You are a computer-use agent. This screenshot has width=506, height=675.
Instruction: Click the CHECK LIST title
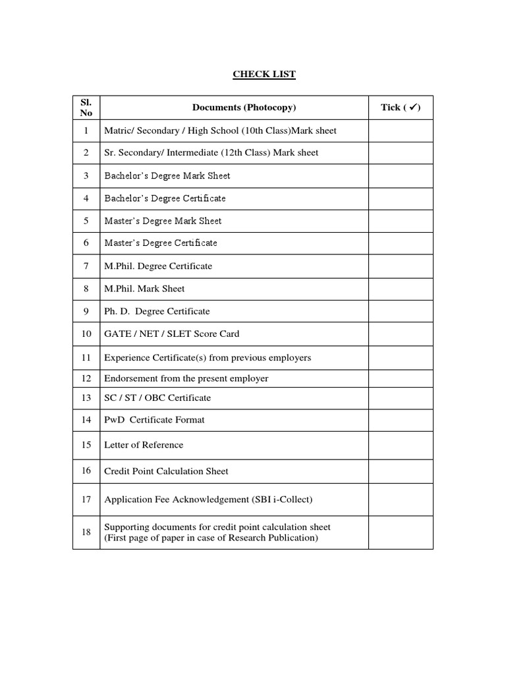pyautogui.click(x=264, y=74)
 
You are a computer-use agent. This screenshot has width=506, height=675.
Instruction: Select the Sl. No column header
pyautogui.click(x=86, y=107)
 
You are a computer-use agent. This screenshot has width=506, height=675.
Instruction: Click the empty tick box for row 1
pyautogui.click(x=401, y=131)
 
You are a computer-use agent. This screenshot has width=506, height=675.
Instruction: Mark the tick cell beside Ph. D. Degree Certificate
pyautogui.click(x=401, y=311)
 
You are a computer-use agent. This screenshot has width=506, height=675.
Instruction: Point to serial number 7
pyautogui.click(x=86, y=266)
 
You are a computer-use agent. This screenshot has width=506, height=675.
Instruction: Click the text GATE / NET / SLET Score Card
pyautogui.click(x=171, y=334)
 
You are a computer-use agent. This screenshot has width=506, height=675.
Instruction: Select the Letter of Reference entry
pyautogui.click(x=144, y=445)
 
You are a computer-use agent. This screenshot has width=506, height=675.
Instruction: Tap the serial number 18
pyautogui.click(x=86, y=533)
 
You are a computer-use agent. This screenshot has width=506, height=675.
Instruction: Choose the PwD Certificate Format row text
pyautogui.click(x=154, y=420)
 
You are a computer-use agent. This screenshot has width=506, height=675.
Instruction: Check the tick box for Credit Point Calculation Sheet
pyautogui.click(x=401, y=471)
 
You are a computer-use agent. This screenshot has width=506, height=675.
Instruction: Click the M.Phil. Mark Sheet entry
pyautogui.click(x=144, y=289)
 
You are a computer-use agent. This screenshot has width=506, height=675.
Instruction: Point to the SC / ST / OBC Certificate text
pyautogui.click(x=157, y=398)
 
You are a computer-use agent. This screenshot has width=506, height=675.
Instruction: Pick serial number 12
pyautogui.click(x=86, y=379)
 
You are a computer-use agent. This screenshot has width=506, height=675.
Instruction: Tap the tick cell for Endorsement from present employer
pyautogui.click(x=401, y=379)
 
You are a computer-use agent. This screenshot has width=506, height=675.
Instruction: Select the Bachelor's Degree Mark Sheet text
pyautogui.click(x=167, y=176)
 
